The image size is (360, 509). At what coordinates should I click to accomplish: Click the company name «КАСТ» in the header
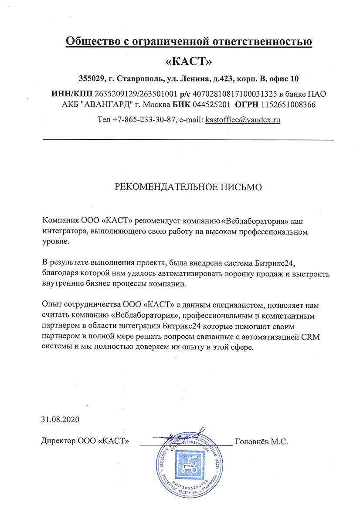(189, 61)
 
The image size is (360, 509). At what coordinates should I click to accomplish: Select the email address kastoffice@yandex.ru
(243, 120)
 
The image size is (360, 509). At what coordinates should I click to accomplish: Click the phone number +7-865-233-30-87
(143, 120)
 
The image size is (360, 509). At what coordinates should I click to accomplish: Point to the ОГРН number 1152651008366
(288, 104)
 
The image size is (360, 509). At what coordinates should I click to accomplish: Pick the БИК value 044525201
(211, 104)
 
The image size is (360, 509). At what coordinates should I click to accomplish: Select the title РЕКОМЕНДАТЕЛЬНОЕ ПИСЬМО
(188, 187)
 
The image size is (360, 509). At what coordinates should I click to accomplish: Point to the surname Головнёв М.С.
(262, 442)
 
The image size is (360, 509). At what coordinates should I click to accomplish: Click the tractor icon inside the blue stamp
(189, 468)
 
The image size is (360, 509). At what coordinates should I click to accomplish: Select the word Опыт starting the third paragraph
(50, 304)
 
